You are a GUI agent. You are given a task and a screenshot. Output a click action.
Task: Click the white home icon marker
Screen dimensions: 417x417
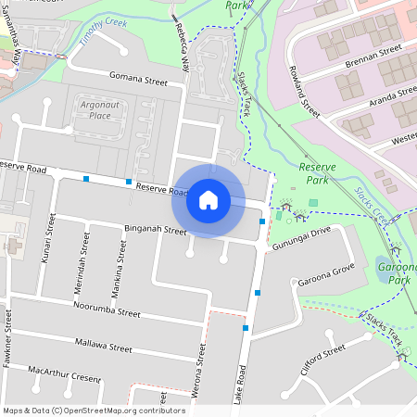pos(208,200)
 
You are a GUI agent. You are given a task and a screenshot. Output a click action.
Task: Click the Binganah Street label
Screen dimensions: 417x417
pos(155,230)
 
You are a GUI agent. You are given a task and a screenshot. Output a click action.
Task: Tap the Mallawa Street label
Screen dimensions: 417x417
pos(104,346)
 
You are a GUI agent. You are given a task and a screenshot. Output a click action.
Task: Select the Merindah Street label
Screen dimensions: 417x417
pos(84,258)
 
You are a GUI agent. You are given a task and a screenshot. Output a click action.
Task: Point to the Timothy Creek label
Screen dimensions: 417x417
pos(105,27)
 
